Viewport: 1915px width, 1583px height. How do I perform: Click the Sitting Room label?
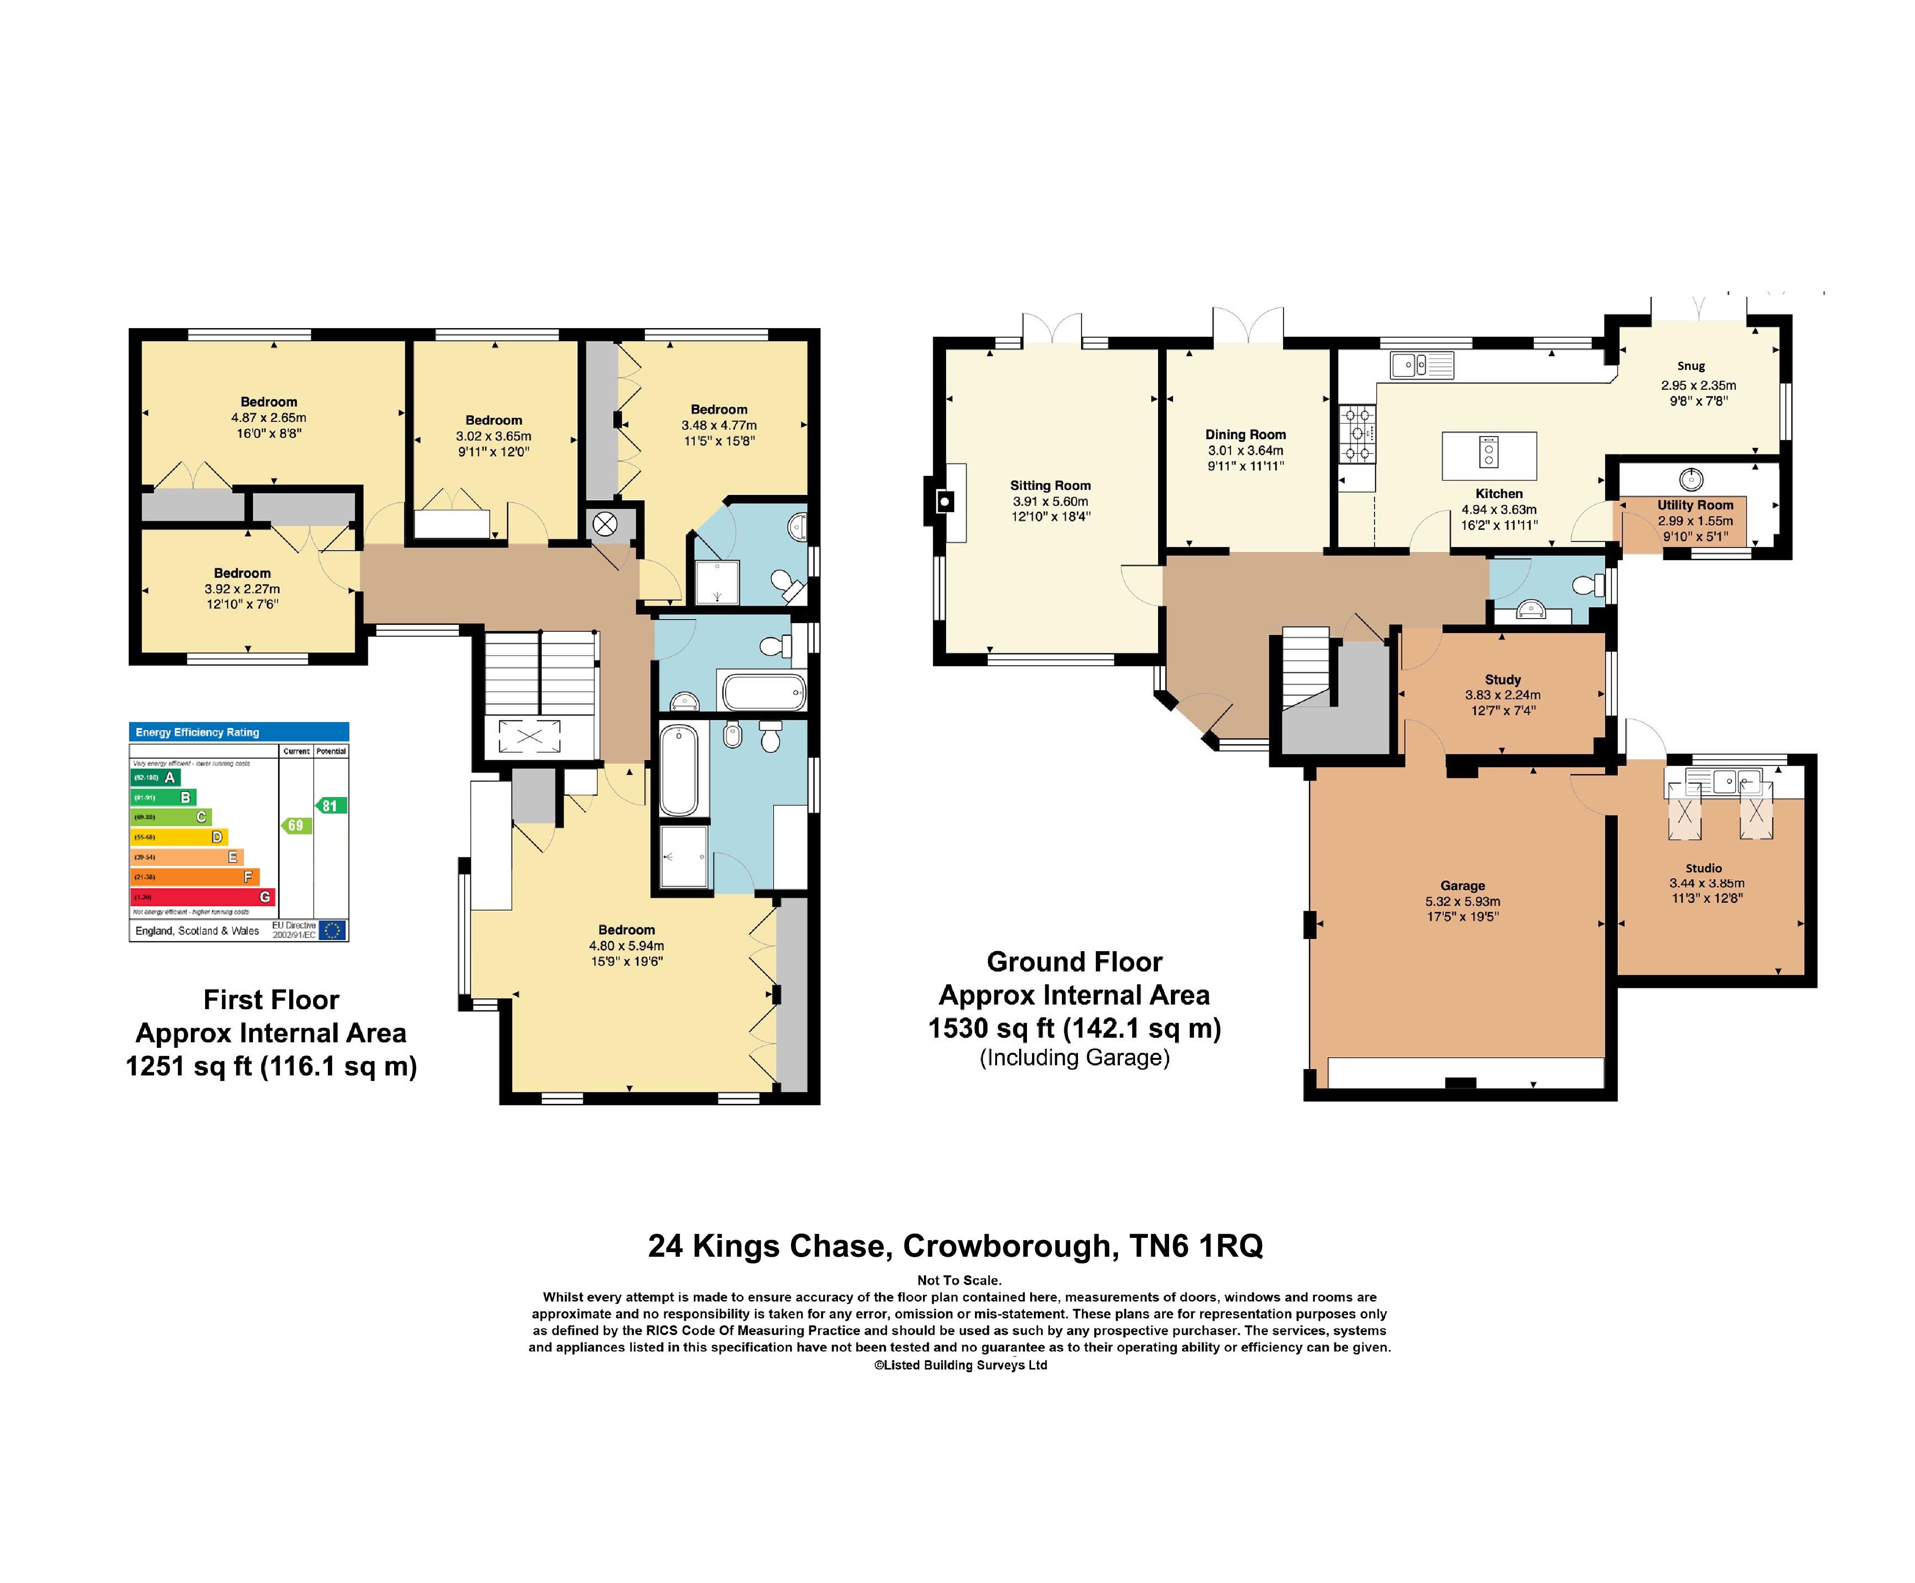click(1049, 485)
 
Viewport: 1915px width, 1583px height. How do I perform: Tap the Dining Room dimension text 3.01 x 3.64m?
click(1245, 451)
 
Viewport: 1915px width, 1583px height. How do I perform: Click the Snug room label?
click(1690, 366)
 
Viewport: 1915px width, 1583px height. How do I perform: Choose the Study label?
click(1502, 679)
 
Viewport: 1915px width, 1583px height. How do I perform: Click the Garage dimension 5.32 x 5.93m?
click(1462, 901)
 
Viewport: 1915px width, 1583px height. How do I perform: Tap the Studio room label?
click(1703, 868)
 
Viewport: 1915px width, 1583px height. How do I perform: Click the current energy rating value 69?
click(295, 825)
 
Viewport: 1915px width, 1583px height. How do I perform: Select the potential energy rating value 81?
click(330, 805)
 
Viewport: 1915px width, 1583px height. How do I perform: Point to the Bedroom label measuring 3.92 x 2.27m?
click(241, 572)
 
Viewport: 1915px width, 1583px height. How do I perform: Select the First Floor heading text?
click(271, 999)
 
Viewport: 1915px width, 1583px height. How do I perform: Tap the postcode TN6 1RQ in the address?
click(1196, 1246)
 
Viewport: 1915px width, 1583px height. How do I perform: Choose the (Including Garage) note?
click(1074, 1058)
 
